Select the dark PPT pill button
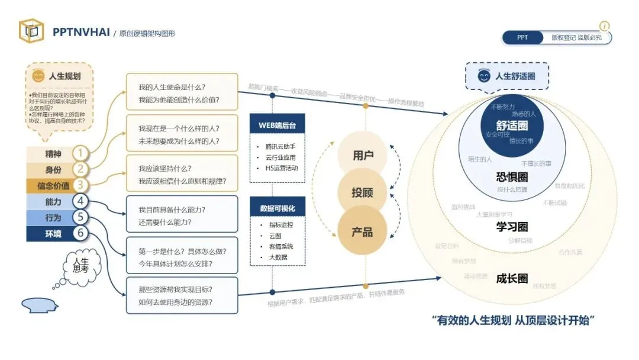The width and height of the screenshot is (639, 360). click(522, 37)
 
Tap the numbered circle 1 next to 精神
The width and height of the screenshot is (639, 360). click(80, 154)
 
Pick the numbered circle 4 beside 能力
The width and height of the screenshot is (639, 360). click(80, 202)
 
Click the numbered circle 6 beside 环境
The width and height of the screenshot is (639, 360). click(80, 233)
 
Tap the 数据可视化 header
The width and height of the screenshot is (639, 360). click(277, 208)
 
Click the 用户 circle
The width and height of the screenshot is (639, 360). click(362, 156)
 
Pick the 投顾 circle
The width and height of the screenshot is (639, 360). click(362, 193)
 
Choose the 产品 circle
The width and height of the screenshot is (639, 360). click(362, 231)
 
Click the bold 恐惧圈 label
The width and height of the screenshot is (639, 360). click(512, 177)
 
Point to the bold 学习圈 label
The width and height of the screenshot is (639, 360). click(512, 227)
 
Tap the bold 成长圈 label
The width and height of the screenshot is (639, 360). click(512, 278)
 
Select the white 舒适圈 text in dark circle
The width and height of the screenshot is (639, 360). click(512, 126)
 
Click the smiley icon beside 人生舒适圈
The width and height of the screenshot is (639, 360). click(484, 76)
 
